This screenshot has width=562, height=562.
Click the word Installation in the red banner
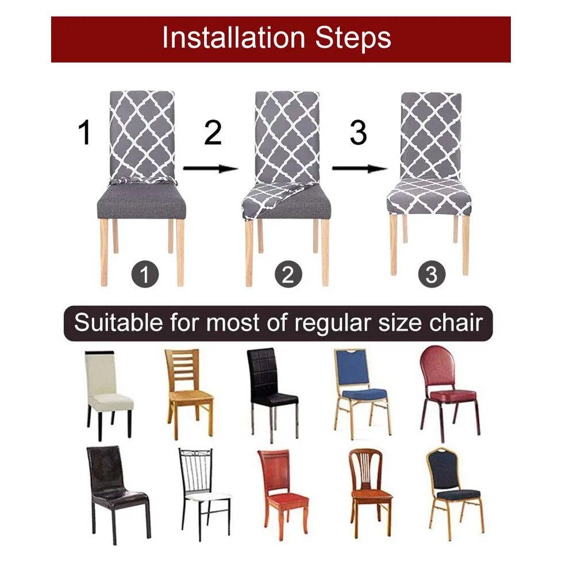pyautogui.click(x=233, y=37)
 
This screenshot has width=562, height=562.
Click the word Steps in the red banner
pyautogui.click(x=353, y=39)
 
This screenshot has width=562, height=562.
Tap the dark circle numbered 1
pyautogui.click(x=144, y=275)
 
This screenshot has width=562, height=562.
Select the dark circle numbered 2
pyautogui.click(x=288, y=275)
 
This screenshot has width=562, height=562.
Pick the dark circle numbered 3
pyautogui.click(x=432, y=274)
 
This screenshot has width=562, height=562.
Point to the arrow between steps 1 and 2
pyautogui.click(x=211, y=168)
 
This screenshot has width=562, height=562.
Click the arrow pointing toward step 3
pyautogui.click(x=360, y=168)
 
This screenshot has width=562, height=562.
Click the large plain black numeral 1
pyautogui.click(x=84, y=133)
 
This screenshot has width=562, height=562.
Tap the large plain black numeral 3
pyautogui.click(x=358, y=133)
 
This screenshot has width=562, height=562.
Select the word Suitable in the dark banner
pyautogui.click(x=118, y=322)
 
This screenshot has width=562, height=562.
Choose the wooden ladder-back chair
pyautogui.click(x=189, y=394)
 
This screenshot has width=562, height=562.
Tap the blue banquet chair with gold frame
pyautogui.click(x=361, y=394)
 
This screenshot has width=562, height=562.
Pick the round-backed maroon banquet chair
pyautogui.click(x=449, y=394)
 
